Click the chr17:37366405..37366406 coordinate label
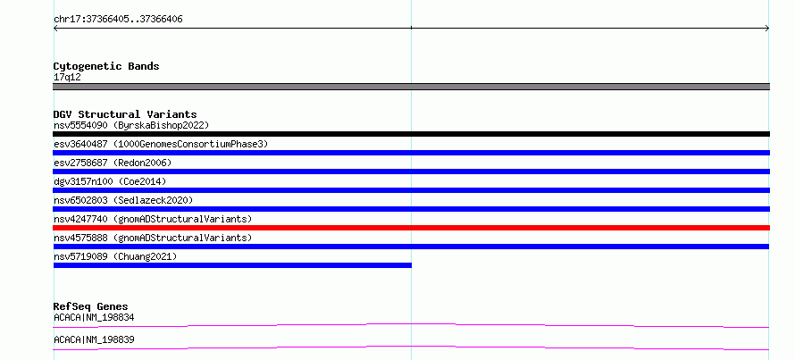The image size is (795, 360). click(x=118, y=20)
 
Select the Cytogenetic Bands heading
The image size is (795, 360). click(x=106, y=66)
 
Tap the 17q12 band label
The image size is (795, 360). click(x=67, y=78)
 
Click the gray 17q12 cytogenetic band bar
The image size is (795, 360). click(x=411, y=87)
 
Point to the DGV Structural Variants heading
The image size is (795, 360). click(x=125, y=114)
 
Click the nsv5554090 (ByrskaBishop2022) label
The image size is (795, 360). click(x=131, y=125)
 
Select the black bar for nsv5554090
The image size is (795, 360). click(x=411, y=134)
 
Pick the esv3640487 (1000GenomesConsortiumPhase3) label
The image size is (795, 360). click(x=161, y=144)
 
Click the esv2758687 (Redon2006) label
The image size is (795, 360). click(x=113, y=163)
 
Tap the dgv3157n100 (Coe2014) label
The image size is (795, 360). click(x=110, y=181)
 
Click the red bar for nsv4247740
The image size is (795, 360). click(x=411, y=228)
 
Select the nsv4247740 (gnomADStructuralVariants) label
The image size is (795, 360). click(x=153, y=219)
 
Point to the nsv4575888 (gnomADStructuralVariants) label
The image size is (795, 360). click(x=153, y=238)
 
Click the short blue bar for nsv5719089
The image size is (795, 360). click(x=232, y=265)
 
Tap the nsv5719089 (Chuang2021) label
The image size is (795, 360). click(x=115, y=256)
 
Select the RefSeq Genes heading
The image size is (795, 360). click(x=91, y=306)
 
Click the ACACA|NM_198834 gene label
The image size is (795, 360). click(x=94, y=318)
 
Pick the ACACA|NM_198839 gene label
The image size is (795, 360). click(x=94, y=339)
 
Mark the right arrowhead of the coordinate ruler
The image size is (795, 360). click(x=768, y=29)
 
